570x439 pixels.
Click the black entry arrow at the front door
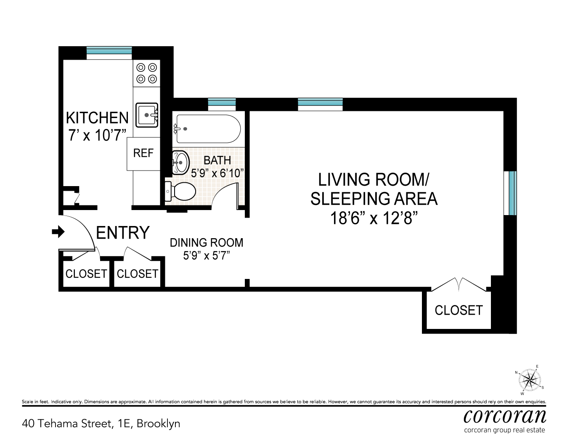[58, 231]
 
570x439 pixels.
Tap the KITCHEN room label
[97, 118]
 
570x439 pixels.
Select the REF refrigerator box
[143, 154]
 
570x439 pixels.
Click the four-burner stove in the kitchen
[146, 74]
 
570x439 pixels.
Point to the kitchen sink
[147, 115]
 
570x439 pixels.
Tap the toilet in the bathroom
[180, 191]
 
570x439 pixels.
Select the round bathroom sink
[181, 163]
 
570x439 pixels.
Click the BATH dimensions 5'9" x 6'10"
[217, 173]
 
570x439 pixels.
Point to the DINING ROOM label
[207, 243]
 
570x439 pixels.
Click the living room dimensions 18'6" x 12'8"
[374, 218]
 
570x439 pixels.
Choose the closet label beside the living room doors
[459, 310]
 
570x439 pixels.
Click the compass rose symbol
[530, 380]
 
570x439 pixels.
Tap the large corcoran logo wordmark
[505, 417]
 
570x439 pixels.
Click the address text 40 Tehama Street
[68, 423]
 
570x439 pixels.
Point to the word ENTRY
[123, 232]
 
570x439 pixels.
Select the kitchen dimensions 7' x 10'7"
[97, 135]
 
